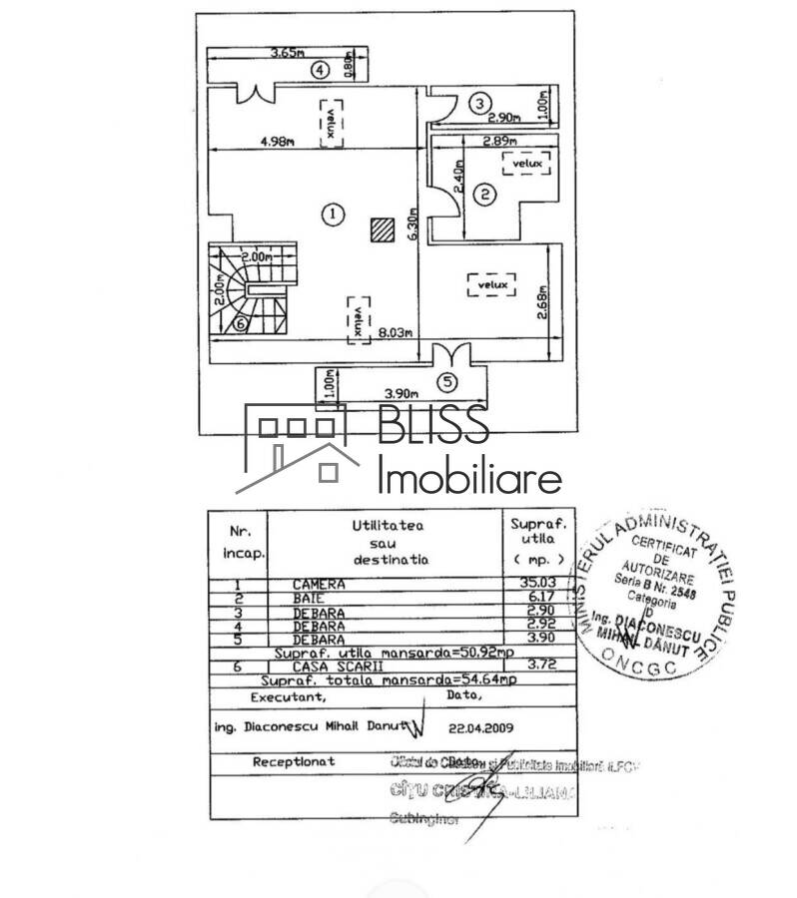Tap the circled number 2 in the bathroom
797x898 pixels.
point(484,196)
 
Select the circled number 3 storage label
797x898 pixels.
point(480,102)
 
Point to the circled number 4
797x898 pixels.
point(320,70)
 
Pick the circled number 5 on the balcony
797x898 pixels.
point(446,381)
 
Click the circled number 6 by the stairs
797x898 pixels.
point(240,323)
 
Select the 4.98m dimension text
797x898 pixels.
point(277,142)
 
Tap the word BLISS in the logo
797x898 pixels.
point(432,425)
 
